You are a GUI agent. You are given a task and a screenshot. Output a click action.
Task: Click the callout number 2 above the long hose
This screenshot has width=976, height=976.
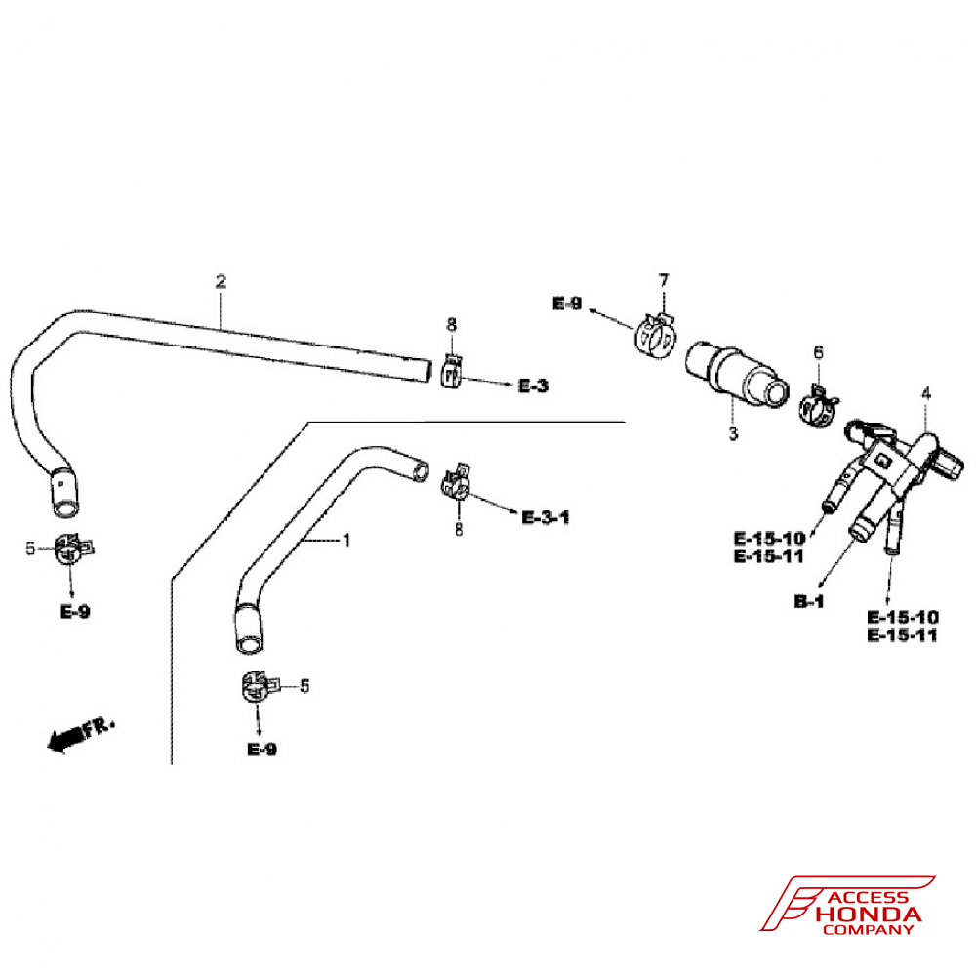[221, 281]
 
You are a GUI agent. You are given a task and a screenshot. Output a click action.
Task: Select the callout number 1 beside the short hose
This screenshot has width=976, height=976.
[345, 540]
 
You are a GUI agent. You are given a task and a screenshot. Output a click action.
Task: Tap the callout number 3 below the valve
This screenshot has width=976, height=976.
[733, 433]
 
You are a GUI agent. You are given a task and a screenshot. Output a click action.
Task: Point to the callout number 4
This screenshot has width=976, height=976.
[926, 393]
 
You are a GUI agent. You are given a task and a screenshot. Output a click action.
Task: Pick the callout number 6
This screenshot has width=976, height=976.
[818, 351]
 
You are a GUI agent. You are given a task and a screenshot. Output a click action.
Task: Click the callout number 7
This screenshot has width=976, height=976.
[664, 280]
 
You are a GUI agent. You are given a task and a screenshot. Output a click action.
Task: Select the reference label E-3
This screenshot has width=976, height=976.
[533, 386]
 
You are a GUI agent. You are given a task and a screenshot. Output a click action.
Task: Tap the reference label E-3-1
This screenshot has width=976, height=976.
[546, 517]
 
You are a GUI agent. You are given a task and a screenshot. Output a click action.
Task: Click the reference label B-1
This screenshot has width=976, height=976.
[809, 602]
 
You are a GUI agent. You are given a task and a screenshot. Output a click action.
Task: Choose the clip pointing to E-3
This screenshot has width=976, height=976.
[451, 371]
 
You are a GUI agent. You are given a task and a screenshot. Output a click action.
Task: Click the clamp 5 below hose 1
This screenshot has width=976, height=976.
[256, 687]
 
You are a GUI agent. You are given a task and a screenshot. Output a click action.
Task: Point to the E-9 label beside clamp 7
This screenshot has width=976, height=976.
[567, 305]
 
